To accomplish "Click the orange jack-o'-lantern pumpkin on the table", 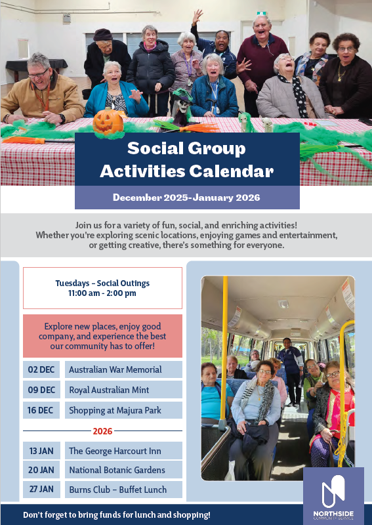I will click(108, 123).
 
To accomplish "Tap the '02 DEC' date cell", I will click(41, 369).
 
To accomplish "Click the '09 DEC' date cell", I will click(41, 390).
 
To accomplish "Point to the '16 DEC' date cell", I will click(41, 411).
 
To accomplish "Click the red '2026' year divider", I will click(102, 431).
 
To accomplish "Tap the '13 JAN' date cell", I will click(41, 451).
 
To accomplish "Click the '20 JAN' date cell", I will click(41, 470).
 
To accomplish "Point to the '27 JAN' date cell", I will click(41, 490).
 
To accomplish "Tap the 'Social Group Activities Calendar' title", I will click(186, 160).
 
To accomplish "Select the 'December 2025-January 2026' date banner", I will click(186, 198).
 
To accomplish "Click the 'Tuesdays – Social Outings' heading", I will click(102, 283).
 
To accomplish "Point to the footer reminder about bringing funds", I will click(117, 515).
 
